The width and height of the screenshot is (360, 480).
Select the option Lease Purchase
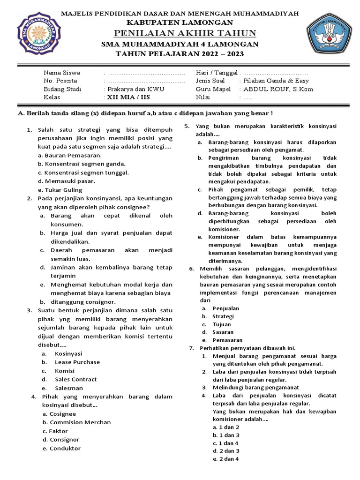click(77, 362)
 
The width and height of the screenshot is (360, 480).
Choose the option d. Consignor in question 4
click(61, 440)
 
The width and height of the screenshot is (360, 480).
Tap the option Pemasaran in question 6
click(227, 340)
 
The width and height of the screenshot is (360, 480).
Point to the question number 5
click(186, 127)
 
